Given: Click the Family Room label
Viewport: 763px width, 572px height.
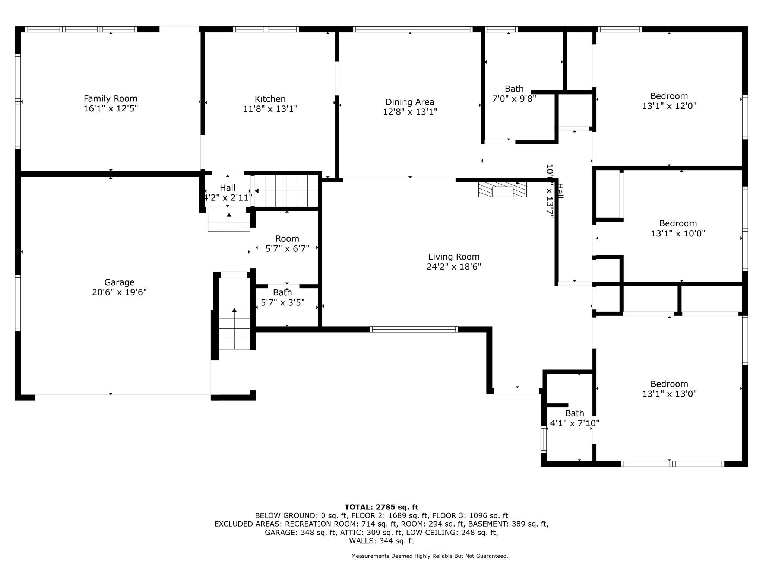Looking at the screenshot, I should tap(110, 99).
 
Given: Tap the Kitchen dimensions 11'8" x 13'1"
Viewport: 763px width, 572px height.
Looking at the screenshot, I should tap(270, 109).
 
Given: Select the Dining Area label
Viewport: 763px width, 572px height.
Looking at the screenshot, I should tap(410, 102).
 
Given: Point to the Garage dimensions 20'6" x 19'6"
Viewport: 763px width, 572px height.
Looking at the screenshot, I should tap(119, 292).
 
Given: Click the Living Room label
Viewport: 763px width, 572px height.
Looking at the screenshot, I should tap(453, 257).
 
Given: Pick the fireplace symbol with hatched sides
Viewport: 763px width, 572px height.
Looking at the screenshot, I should tap(503, 189).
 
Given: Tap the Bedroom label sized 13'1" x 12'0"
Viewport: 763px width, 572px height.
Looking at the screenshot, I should tap(669, 96).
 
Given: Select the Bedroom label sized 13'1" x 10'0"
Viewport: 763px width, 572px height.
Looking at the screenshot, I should tap(678, 223).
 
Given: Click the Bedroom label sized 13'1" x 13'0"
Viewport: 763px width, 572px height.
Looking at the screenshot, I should tap(669, 384).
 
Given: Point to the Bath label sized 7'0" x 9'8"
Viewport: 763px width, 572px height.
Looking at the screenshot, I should tap(514, 89).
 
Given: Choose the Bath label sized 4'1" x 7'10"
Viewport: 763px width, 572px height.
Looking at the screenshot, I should tap(574, 413).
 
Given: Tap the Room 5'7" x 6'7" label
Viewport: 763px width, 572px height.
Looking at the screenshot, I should tap(287, 239).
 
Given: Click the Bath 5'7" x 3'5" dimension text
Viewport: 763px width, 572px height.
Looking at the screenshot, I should tap(282, 303).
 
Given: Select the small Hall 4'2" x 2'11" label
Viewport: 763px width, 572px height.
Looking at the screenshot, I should tap(227, 188).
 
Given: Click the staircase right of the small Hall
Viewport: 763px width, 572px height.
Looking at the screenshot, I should tap(286, 191).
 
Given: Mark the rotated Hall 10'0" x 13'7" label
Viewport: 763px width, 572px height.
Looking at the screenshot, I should tap(554, 191).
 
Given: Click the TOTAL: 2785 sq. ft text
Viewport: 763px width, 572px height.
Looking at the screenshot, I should tap(381, 507).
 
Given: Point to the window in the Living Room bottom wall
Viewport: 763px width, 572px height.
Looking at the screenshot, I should tap(414, 329).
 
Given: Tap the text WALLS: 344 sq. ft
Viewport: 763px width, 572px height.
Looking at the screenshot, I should tap(381, 541).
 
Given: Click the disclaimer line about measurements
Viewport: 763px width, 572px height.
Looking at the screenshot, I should tap(430, 556).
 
